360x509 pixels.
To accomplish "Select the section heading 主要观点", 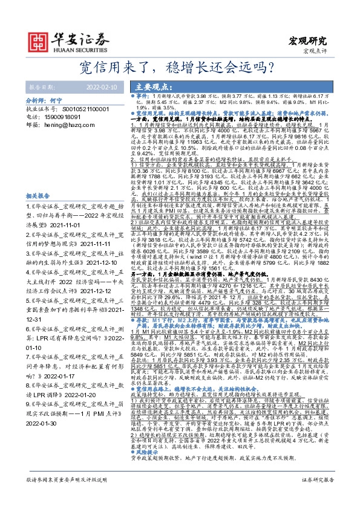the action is coord(152,86).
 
